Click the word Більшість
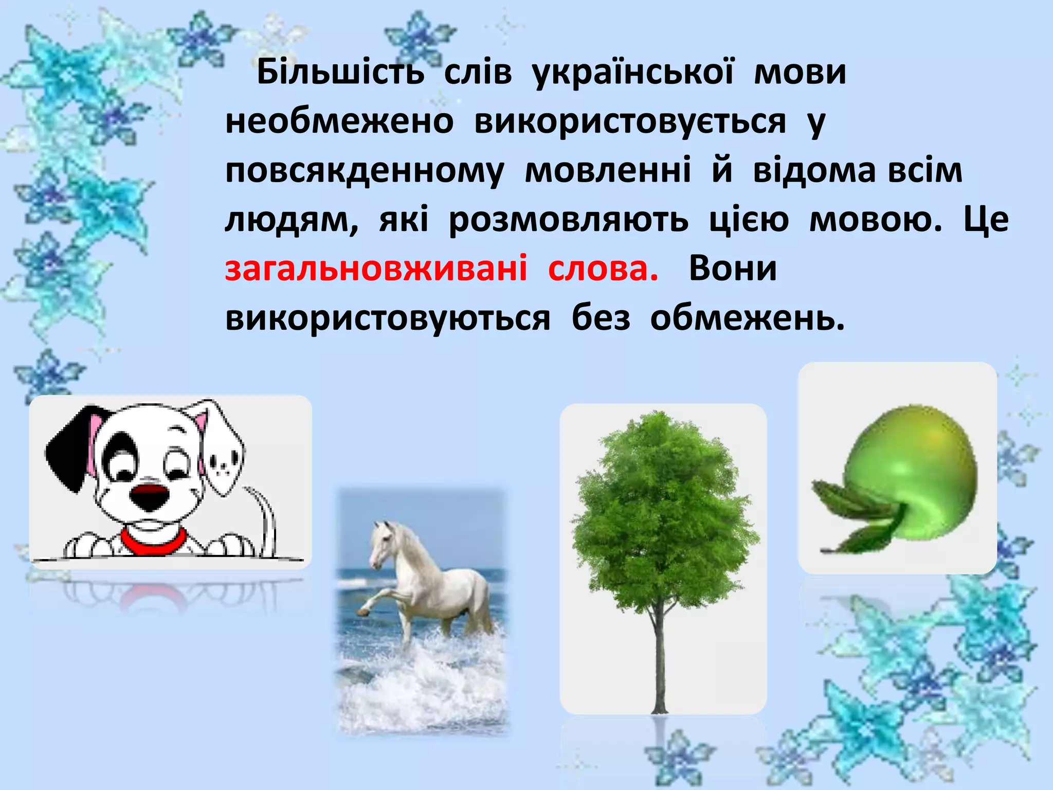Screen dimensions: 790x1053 pyautogui.click(x=340, y=72)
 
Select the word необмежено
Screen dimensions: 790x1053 pyautogui.click(x=339, y=122)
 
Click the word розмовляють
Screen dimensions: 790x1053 pyautogui.click(x=568, y=220)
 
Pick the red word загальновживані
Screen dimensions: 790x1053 pyautogui.click(x=376, y=268)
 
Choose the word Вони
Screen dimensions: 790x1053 pyautogui.click(x=733, y=268)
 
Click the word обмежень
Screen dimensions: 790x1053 pyautogui.click(x=747, y=318)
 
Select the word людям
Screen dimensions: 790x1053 pyautogui.click(x=291, y=220)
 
